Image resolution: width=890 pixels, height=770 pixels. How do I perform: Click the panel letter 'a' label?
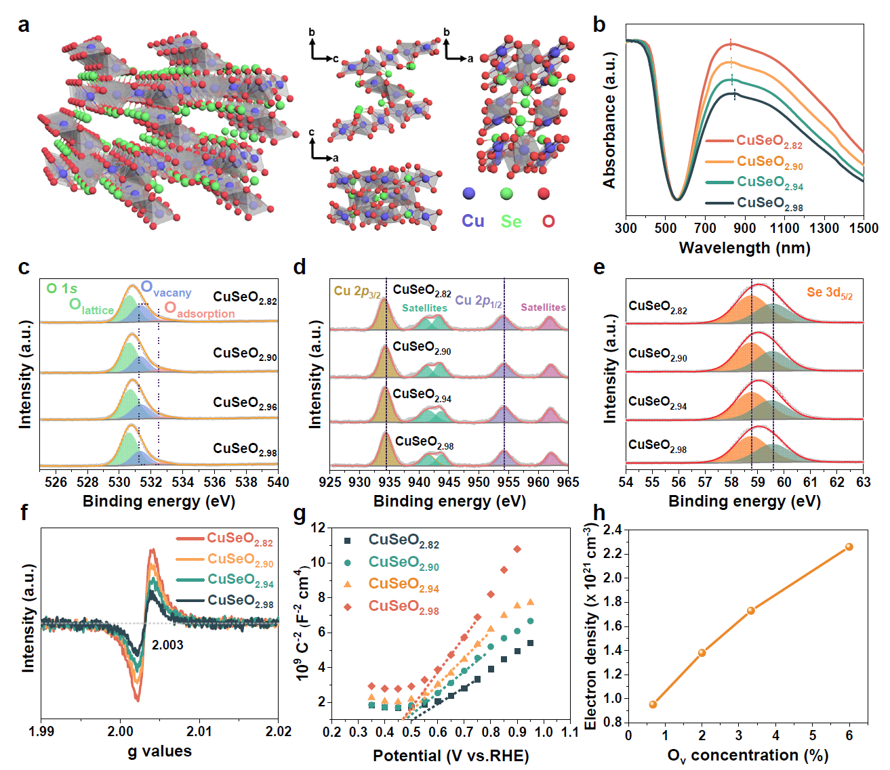(24, 26)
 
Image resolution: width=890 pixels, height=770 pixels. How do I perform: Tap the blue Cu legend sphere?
(468, 194)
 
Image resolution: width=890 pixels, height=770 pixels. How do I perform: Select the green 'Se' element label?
(511, 221)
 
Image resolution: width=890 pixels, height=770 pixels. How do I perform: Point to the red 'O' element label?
(548, 221)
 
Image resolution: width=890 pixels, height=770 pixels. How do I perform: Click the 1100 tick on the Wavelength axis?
(784, 228)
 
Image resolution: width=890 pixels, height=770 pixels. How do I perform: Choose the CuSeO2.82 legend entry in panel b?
(769, 142)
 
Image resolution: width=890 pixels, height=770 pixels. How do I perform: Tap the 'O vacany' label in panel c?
(166, 289)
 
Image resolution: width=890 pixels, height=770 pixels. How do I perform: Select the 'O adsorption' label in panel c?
(200, 311)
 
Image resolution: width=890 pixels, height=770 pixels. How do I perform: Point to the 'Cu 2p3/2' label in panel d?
(357, 292)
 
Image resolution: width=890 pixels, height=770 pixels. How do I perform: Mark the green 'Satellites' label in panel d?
(424, 307)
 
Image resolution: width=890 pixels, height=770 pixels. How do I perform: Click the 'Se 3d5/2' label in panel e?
(829, 293)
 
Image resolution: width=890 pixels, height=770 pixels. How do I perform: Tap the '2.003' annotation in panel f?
(167, 645)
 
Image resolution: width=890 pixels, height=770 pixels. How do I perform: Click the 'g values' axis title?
(159, 751)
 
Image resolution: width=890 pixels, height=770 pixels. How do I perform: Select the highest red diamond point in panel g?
(517, 549)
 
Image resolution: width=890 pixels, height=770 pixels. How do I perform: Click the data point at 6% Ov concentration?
(849, 547)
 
